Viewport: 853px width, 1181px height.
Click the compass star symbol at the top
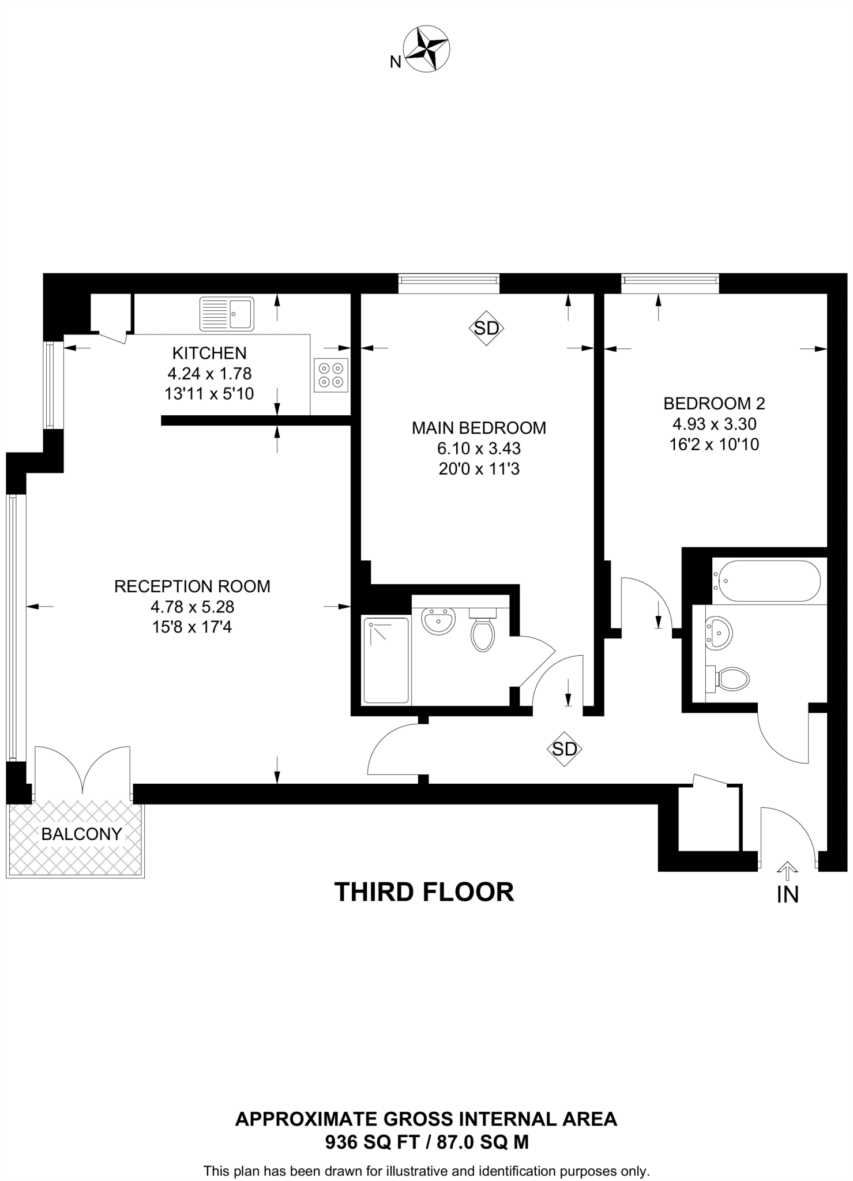coord(427,50)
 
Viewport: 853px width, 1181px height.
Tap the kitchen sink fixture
coord(227,314)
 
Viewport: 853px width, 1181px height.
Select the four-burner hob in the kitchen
coord(331,375)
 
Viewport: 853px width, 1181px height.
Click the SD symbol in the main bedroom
coord(486,328)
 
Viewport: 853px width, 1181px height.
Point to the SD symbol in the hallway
coord(564,749)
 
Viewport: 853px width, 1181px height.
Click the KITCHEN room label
coord(209,353)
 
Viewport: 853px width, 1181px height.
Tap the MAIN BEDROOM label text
coord(479,428)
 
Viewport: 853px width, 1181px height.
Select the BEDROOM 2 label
coord(714,403)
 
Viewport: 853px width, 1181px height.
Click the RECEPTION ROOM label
coord(192,586)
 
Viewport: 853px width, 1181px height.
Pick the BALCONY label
coord(82,834)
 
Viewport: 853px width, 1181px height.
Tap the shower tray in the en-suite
coord(386,660)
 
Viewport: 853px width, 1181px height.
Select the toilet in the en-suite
coord(482,631)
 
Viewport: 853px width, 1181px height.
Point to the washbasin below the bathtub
coord(718,634)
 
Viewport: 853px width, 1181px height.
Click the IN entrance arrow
coord(787,869)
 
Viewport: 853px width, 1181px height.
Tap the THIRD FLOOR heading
coord(424,892)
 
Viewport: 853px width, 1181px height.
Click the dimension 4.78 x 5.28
coord(192,607)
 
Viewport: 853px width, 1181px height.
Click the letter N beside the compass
coord(395,62)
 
